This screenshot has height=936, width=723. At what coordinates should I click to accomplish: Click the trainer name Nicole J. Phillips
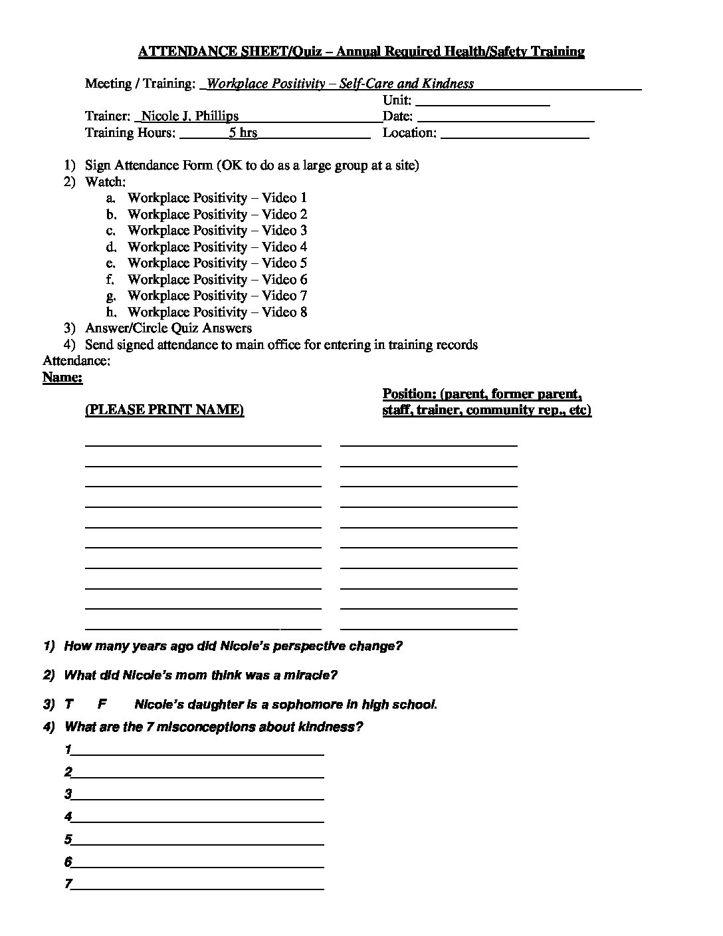[189, 116]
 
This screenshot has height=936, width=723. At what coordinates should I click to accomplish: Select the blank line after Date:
[506, 120]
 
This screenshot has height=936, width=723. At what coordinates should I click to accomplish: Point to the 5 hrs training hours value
[243, 133]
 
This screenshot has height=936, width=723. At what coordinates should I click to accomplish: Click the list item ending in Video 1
[217, 198]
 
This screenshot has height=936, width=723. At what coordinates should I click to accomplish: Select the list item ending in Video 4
[217, 247]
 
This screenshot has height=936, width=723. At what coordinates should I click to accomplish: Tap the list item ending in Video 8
[217, 312]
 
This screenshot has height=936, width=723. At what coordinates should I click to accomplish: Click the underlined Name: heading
[62, 378]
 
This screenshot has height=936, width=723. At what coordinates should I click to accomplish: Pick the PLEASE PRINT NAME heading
[164, 410]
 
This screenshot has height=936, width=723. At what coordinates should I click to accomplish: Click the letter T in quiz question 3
[68, 705]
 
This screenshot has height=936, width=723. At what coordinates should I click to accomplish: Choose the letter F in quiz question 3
[102, 705]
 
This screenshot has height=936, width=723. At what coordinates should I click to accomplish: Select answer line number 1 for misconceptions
[197, 753]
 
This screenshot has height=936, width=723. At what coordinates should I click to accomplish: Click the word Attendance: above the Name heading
[76, 361]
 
